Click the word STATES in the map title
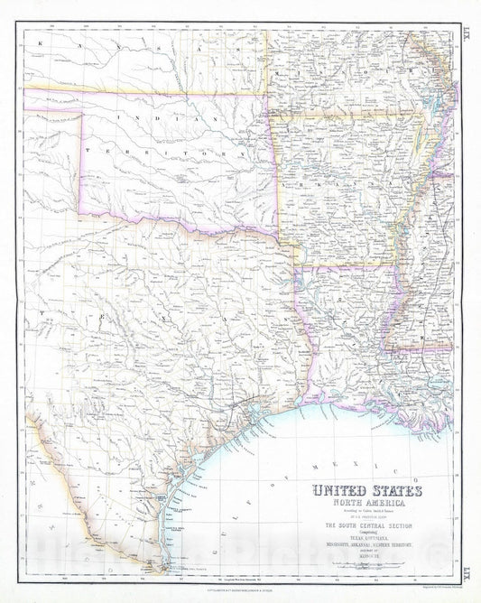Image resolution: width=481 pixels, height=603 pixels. (391, 493)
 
